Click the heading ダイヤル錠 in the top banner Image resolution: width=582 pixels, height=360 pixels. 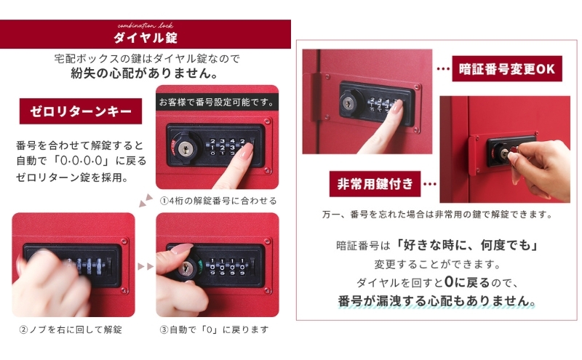[145, 38]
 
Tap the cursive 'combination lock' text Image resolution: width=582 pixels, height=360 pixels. [145, 25]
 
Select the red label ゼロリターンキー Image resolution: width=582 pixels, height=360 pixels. [81, 111]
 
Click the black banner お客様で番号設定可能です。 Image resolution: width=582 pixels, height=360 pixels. [217, 102]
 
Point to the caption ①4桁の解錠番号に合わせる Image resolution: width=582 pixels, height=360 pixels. [218, 201]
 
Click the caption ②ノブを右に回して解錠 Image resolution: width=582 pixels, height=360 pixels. [71, 329]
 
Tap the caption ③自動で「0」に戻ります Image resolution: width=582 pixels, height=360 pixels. [214, 329]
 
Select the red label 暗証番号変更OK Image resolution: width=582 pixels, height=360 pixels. [506, 68]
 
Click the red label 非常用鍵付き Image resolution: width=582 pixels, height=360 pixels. [375, 184]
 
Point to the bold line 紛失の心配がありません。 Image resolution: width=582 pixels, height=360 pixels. [145, 73]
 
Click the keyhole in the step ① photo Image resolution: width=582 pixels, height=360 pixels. [185, 148]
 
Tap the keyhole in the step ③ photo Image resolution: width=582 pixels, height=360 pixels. [185, 268]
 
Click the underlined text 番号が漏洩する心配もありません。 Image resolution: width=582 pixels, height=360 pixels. [436, 300]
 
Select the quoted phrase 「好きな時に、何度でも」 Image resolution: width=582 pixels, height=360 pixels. [467, 245]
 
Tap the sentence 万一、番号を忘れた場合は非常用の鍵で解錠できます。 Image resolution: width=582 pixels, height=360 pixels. [437, 215]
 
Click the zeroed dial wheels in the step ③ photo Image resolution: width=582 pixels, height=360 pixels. [226, 266]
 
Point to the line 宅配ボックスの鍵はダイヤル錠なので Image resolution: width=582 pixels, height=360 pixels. [147, 58]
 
